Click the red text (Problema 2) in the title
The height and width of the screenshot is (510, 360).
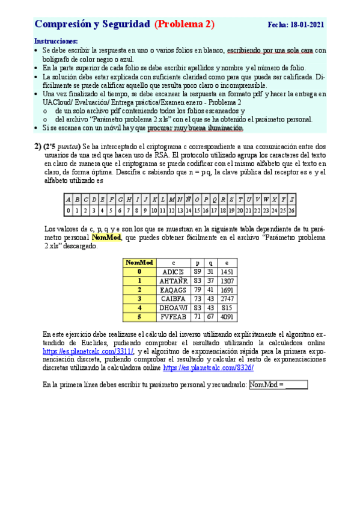(185, 24)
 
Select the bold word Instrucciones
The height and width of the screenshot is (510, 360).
(56, 41)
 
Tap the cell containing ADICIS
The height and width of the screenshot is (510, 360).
(174, 272)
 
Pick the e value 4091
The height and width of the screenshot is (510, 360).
(228, 317)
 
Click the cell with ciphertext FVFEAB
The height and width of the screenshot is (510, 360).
(174, 317)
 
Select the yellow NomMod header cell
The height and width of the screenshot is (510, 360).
(139, 263)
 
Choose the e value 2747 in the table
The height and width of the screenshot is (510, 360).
(228, 299)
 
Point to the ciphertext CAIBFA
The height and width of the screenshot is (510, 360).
(174, 299)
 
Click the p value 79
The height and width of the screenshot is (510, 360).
(198, 290)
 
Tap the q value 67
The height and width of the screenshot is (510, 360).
(210, 317)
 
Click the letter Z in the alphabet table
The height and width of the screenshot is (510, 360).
(291, 200)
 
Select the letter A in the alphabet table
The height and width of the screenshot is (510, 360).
(69, 200)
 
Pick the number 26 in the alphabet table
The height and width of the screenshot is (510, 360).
(291, 210)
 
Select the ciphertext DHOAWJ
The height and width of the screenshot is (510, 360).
(174, 308)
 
